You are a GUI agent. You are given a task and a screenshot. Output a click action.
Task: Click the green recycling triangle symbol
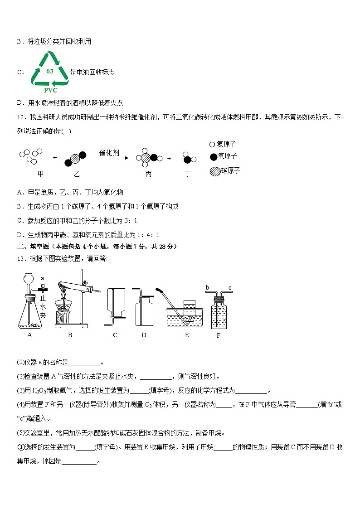(49, 69)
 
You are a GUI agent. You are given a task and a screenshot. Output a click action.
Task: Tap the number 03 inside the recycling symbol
(50, 72)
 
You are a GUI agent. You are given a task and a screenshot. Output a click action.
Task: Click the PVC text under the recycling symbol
(50, 90)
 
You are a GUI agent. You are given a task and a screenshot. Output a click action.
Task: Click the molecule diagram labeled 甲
(32, 155)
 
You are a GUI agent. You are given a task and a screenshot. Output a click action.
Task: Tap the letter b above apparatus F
(207, 287)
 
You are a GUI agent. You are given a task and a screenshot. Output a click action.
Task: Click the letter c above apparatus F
(230, 287)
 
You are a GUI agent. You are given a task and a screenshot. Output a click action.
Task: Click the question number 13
(20, 258)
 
